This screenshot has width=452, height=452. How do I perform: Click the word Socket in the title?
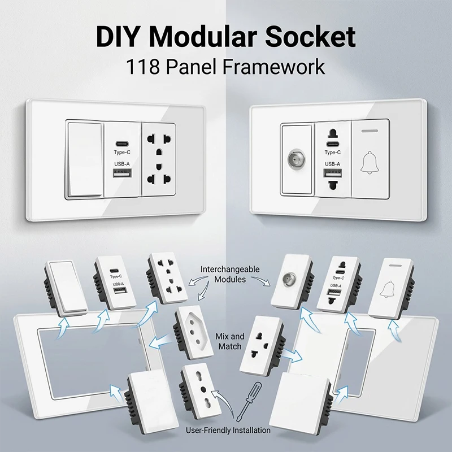click(310, 37)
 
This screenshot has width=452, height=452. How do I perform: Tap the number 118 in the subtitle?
click(143, 67)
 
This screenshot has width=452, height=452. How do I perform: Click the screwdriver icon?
click(249, 402)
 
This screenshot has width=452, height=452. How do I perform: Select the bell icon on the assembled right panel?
click(370, 163)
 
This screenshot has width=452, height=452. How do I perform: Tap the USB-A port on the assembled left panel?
click(122, 173)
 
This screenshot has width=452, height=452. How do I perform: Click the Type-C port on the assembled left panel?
click(122, 144)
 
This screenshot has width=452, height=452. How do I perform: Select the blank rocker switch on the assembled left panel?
click(85, 160)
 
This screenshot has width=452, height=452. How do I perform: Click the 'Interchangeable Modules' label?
click(230, 274)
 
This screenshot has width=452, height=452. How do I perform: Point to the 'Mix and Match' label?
click(230, 341)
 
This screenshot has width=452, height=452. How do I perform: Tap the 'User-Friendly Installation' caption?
click(228, 431)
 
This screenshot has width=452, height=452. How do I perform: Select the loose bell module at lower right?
click(391, 288)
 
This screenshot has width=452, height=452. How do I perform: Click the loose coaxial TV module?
click(293, 280)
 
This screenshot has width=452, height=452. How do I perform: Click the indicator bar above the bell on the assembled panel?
click(370, 131)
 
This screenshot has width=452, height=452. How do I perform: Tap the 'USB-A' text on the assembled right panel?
click(333, 164)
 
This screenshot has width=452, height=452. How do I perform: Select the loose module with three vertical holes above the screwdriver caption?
click(201, 389)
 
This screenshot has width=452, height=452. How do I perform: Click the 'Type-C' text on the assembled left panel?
click(122, 152)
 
